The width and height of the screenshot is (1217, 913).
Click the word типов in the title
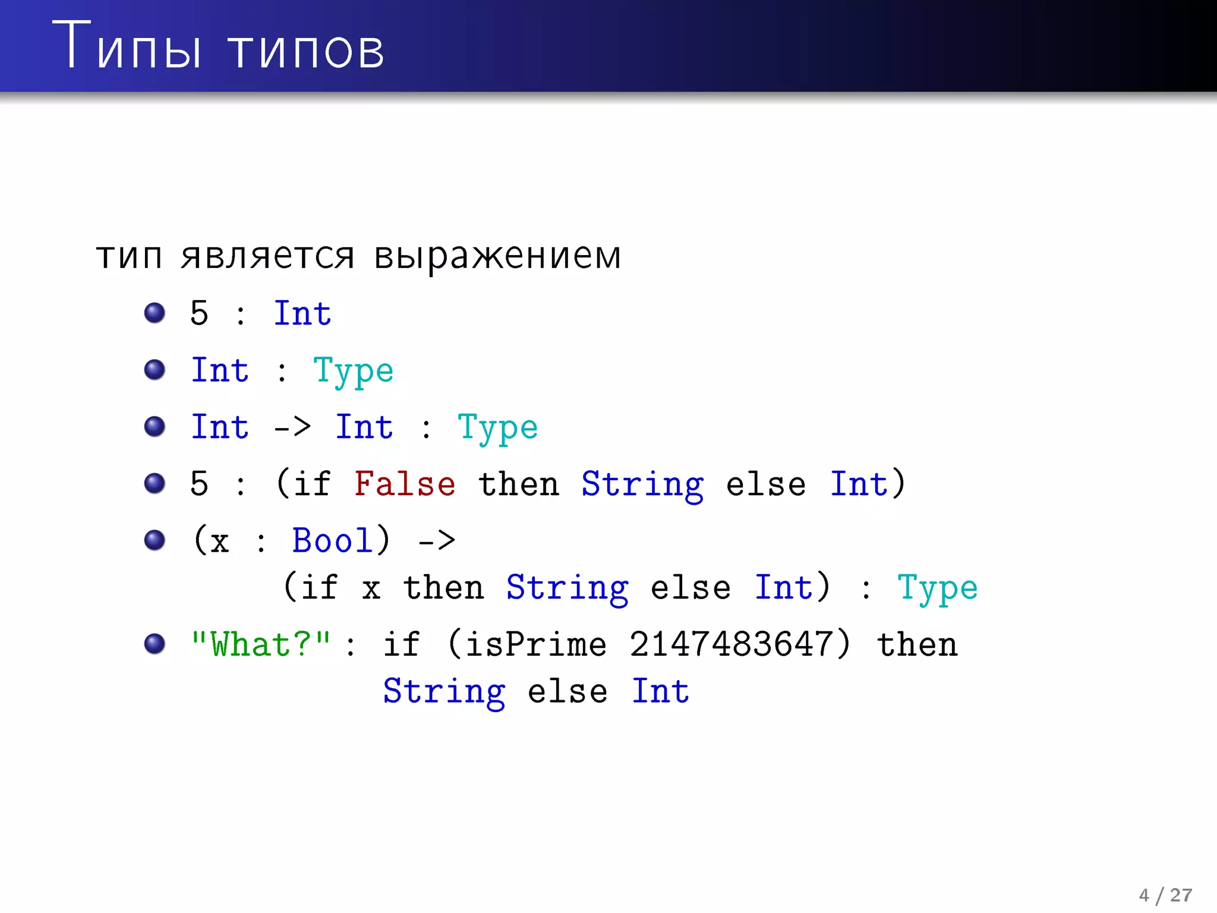[x=306, y=51]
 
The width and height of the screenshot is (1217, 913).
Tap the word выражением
[x=497, y=257]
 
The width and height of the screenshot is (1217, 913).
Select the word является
[x=267, y=257]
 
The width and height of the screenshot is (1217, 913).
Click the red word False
[x=405, y=483]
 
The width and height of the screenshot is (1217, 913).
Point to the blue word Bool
[x=332, y=540]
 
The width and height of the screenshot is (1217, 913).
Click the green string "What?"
[x=260, y=644]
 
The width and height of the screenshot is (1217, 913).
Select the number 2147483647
[x=732, y=644]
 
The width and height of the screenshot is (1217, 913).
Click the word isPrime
[x=535, y=644]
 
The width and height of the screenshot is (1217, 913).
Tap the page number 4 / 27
[x=1165, y=895]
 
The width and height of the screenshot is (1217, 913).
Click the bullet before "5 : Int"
[x=155, y=313]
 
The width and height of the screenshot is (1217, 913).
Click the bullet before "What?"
[x=155, y=644]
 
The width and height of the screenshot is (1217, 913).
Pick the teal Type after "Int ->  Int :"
[x=497, y=428]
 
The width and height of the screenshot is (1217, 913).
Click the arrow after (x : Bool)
[x=437, y=541]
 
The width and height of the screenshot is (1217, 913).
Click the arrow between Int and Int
[x=292, y=427]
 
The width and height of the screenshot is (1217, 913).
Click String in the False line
[x=642, y=484]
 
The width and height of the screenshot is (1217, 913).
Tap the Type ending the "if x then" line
[x=937, y=588]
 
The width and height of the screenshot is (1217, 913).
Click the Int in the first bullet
[x=302, y=313]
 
